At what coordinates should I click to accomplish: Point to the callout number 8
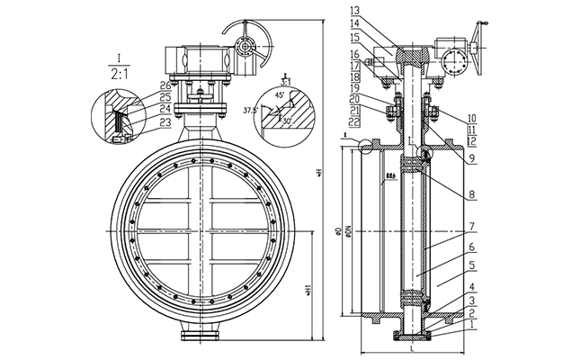[473, 192]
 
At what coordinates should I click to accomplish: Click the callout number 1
[473, 326]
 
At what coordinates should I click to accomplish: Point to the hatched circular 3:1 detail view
[286, 112]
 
